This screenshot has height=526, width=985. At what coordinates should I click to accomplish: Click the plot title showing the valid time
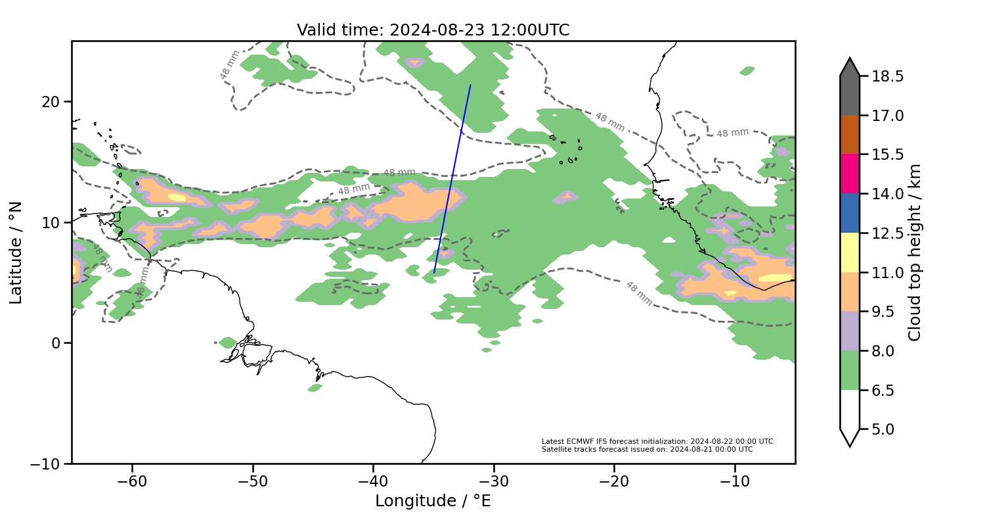pyautogui.click(x=433, y=30)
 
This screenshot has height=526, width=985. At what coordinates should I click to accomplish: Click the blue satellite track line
pyautogui.click(x=452, y=178)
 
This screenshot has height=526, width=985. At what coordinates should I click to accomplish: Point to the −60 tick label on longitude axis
pyautogui.click(x=132, y=481)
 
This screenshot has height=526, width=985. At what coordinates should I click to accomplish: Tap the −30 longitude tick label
pyautogui.click(x=494, y=481)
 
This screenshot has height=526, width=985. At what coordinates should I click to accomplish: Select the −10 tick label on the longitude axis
pyautogui.click(x=735, y=481)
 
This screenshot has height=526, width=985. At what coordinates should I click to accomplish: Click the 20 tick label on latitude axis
pyautogui.click(x=53, y=102)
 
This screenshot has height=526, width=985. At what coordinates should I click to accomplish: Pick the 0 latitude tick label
pyautogui.click(x=57, y=343)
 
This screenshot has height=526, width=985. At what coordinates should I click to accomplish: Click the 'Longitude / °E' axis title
pyautogui.click(x=433, y=501)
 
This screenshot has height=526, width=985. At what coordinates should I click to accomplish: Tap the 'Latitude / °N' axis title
pyautogui.click(x=16, y=252)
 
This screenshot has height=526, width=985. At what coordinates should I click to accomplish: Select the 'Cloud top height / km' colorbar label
pyautogui.click(x=914, y=252)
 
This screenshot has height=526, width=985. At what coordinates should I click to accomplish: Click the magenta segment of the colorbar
pyautogui.click(x=850, y=174)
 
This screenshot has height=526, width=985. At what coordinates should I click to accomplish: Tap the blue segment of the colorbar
pyautogui.click(x=850, y=213)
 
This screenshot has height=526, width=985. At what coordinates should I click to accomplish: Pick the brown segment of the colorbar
pyautogui.click(x=850, y=135)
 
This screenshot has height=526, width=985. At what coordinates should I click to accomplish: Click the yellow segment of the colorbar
pyautogui.click(x=850, y=252)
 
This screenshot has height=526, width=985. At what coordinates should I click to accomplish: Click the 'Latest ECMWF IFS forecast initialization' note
pyautogui.click(x=657, y=441)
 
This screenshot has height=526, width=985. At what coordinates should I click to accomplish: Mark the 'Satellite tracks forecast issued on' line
pyautogui.click(x=647, y=449)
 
